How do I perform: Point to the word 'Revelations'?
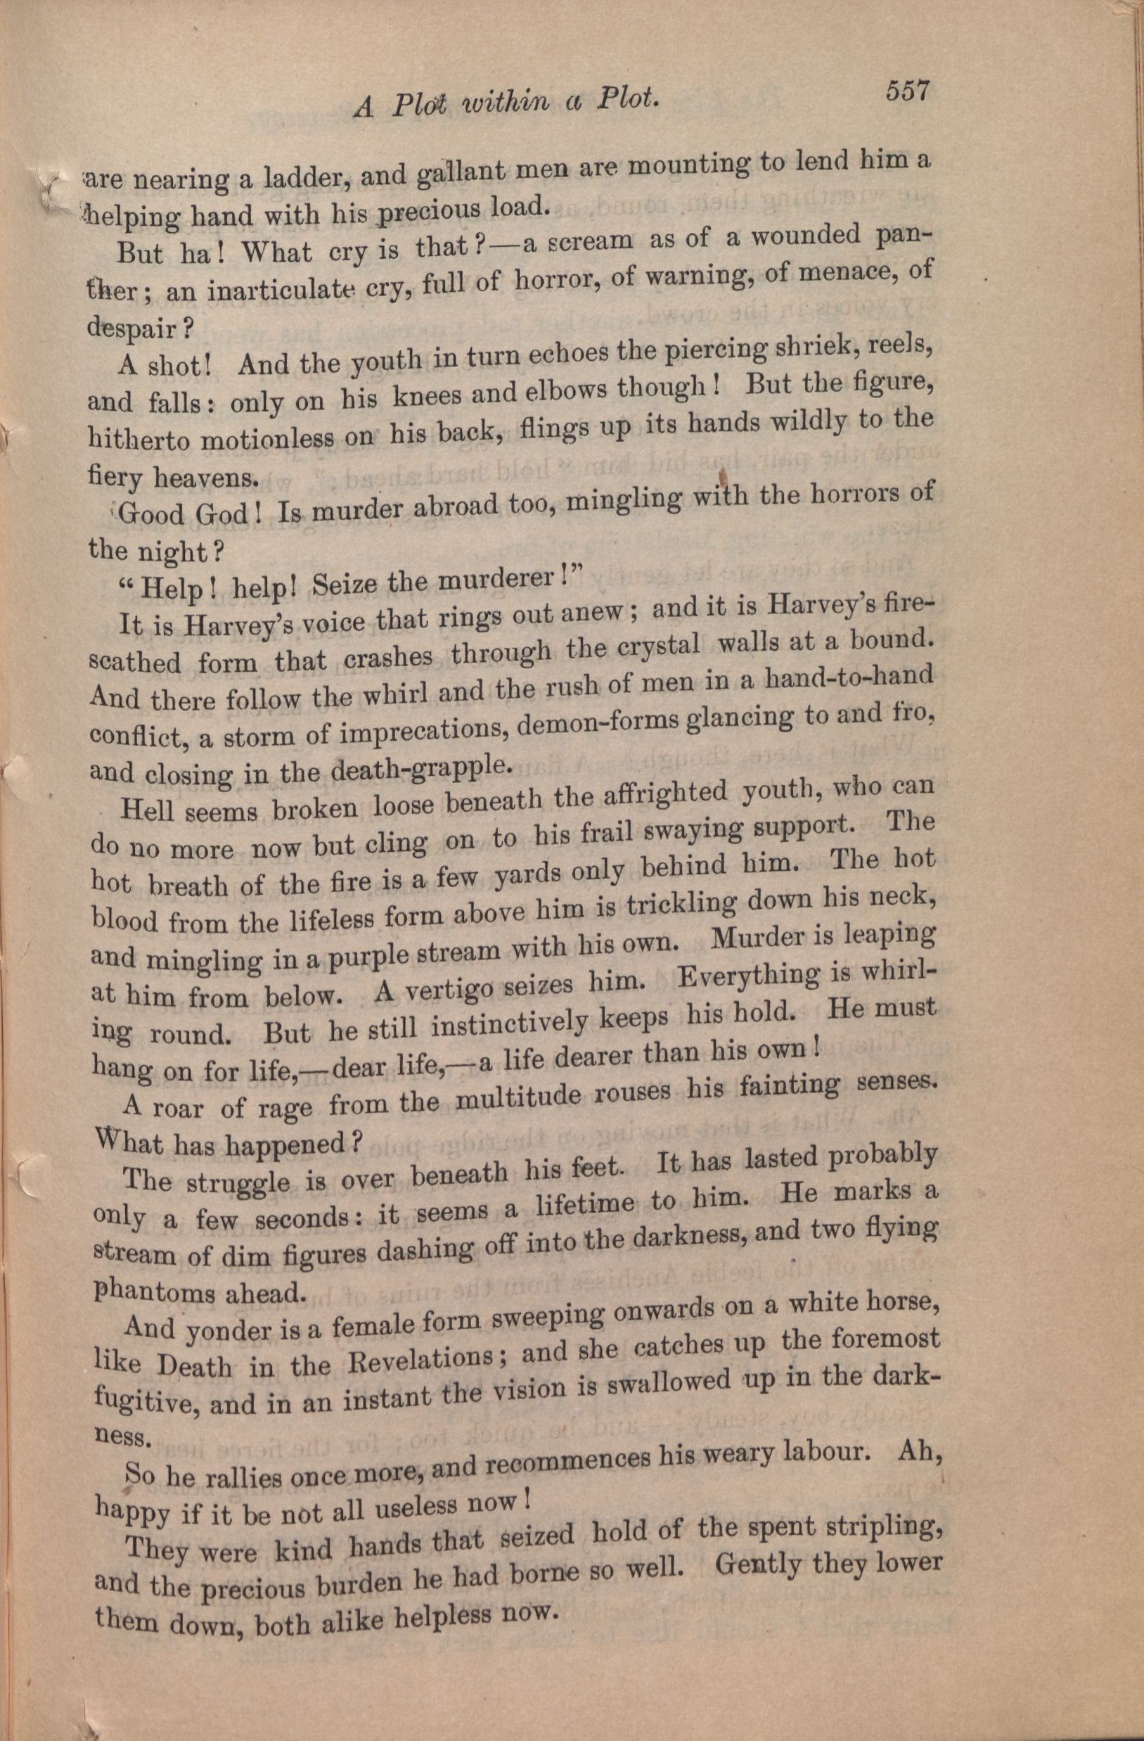coord(413,1360)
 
